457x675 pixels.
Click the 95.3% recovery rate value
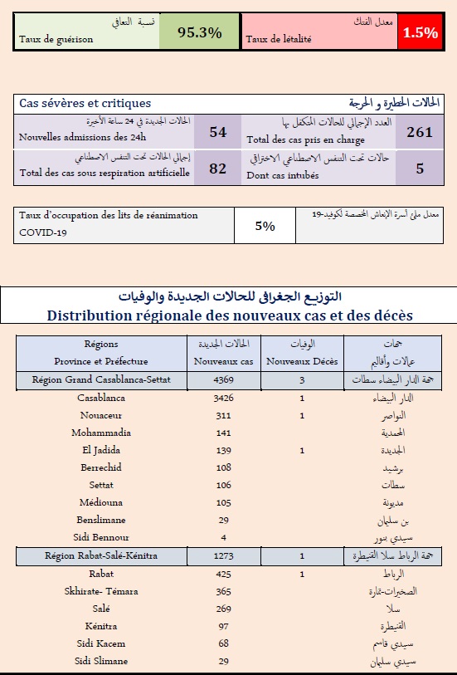pyautogui.click(x=200, y=32)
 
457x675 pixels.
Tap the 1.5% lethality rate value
pyautogui.click(x=421, y=32)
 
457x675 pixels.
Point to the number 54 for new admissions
pyautogui.click(x=217, y=132)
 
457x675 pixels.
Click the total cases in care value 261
pyautogui.click(x=420, y=132)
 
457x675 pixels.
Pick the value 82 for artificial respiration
pyautogui.click(x=217, y=169)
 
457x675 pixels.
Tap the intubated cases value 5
pyautogui.click(x=420, y=169)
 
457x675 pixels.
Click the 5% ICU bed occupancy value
pyautogui.click(x=265, y=225)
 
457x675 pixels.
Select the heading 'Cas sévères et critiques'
pyautogui.click(x=85, y=103)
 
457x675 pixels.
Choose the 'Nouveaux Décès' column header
pyautogui.click(x=303, y=361)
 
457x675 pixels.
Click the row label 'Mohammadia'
pyautogui.click(x=101, y=433)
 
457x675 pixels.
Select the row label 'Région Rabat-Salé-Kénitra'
pyautogui.click(x=101, y=555)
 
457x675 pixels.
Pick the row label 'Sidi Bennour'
pyautogui.click(x=101, y=536)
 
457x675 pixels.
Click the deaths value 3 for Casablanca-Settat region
pyautogui.click(x=303, y=379)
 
